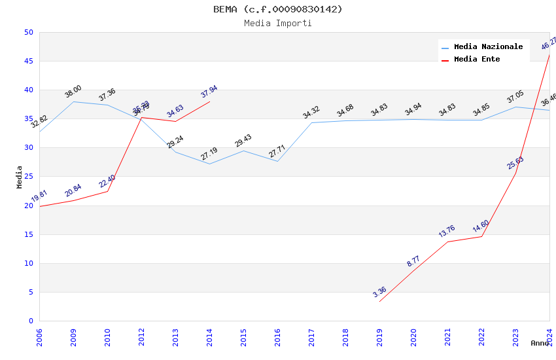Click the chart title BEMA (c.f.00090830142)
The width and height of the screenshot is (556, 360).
pos(278,9)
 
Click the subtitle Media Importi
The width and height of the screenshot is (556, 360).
pos(278,24)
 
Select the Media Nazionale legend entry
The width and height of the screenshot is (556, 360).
pos(488,47)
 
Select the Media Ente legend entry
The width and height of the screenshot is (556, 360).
pos(477,60)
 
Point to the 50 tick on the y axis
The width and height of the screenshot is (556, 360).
pos(28,33)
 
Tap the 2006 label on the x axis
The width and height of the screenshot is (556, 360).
pos(39,337)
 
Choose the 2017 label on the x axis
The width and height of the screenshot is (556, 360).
pos(311,337)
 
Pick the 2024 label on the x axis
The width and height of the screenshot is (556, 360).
pos(549,337)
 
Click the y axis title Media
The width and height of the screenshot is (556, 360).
pos(20,177)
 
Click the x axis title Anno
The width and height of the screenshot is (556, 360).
pos(540,343)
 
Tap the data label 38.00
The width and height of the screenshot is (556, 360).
pos(73,92)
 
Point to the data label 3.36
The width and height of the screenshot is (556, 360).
pos(379,292)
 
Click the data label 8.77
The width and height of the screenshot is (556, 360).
pos(413,261)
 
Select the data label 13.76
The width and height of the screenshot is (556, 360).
pos(447,232)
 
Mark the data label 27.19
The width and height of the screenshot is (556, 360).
pos(209,154)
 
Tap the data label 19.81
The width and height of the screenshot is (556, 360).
pos(39,196)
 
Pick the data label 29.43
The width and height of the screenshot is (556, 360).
pos(243,141)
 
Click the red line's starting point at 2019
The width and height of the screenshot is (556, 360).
pos(379,302)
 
